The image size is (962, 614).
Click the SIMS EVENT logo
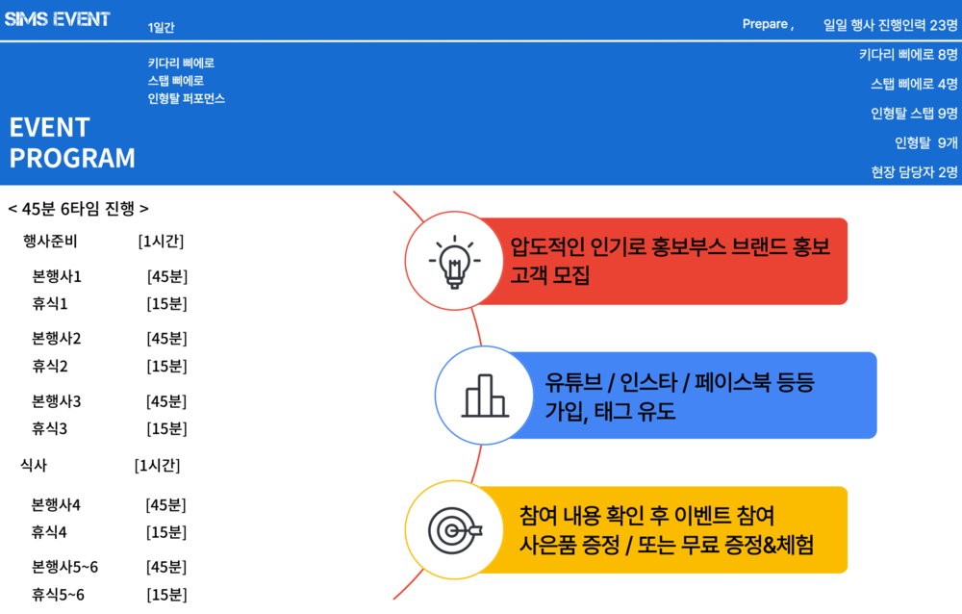(57, 19)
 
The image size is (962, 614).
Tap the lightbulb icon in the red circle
(454, 262)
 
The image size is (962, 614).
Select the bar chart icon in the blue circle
(485, 397)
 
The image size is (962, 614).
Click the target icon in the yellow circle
(455, 530)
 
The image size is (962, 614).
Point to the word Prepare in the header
(765, 24)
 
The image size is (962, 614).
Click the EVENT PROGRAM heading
(72, 142)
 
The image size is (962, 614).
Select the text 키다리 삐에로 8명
(908, 55)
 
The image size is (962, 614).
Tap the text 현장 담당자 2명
(914, 172)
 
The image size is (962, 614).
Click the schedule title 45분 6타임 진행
(78, 209)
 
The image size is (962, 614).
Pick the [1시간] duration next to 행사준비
(161, 242)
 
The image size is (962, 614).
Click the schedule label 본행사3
(57, 401)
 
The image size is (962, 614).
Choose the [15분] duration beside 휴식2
(166, 367)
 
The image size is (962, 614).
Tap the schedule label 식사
(34, 466)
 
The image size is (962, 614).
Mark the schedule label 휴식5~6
(59, 595)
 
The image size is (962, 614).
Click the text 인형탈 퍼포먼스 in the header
(187, 98)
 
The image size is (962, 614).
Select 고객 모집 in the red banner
(549, 274)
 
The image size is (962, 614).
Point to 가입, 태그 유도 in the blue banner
(610, 411)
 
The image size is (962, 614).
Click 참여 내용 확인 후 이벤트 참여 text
(647, 515)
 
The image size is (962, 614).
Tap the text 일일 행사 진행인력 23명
(890, 25)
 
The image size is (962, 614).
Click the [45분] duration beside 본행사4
(166, 505)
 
